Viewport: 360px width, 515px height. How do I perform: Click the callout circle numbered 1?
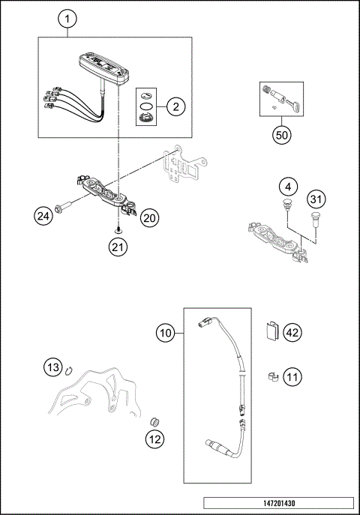[68, 18]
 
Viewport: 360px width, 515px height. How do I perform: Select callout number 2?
[175, 106]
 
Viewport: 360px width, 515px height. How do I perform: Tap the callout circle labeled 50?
[280, 135]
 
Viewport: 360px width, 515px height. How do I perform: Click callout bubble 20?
[149, 218]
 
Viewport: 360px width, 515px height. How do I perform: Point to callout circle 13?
[51, 367]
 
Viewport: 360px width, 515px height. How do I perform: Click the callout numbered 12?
[155, 440]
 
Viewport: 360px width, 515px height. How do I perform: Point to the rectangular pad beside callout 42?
[272, 330]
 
